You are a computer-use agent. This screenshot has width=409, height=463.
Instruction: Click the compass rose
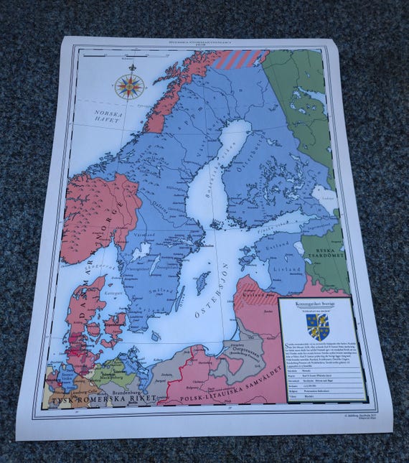129,86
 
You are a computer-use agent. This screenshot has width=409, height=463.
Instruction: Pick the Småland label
153,289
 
